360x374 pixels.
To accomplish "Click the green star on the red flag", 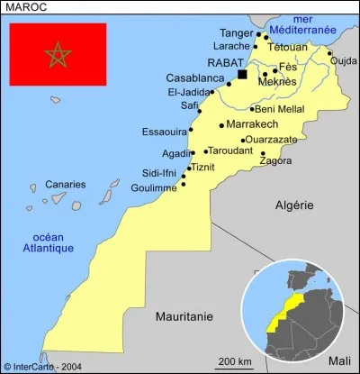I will pos(58,55).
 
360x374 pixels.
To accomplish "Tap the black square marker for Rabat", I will pos(241,74).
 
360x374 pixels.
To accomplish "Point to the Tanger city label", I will pos(237,32).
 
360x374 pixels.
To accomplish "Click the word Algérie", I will pos(294,205).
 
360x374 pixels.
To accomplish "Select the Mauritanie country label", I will pos(184,316).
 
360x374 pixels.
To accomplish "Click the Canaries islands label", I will pos(66,184).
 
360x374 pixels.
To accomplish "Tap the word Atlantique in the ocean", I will pos(49,248).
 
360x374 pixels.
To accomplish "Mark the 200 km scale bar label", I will pos(233,361).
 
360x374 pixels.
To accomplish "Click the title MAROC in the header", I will pos(26,6).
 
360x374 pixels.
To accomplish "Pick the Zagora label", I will pos(275,161).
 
